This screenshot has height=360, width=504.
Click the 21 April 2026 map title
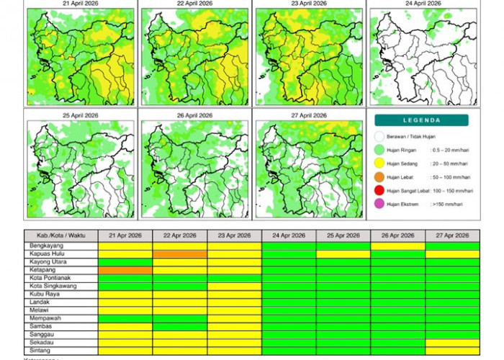pos(81,4)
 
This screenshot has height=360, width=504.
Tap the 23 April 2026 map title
pos(308,4)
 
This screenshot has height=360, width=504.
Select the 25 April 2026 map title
pos(81,114)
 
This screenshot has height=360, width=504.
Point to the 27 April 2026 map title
pos(308,114)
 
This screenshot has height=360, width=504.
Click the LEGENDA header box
pos(421,120)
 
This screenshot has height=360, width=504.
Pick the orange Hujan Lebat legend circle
pos(380,176)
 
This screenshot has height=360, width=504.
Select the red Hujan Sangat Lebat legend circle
pos(380,190)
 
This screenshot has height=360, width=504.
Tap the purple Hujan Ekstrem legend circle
pos(380,204)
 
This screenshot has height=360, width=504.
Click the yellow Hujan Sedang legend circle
pos(380,163)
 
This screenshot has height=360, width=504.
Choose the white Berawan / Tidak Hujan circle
pos(380,136)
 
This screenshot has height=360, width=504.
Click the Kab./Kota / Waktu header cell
pos(61,236)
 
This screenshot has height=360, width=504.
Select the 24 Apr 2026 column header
pos(289,236)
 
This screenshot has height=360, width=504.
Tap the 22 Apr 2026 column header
pos(180,236)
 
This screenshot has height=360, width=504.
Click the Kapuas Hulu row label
pos(44,254)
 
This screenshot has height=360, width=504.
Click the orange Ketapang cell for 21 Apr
pos(125,270)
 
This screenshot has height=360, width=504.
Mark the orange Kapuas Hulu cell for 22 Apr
pos(180,254)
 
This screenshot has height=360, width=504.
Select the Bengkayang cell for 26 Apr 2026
pos(397,246)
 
